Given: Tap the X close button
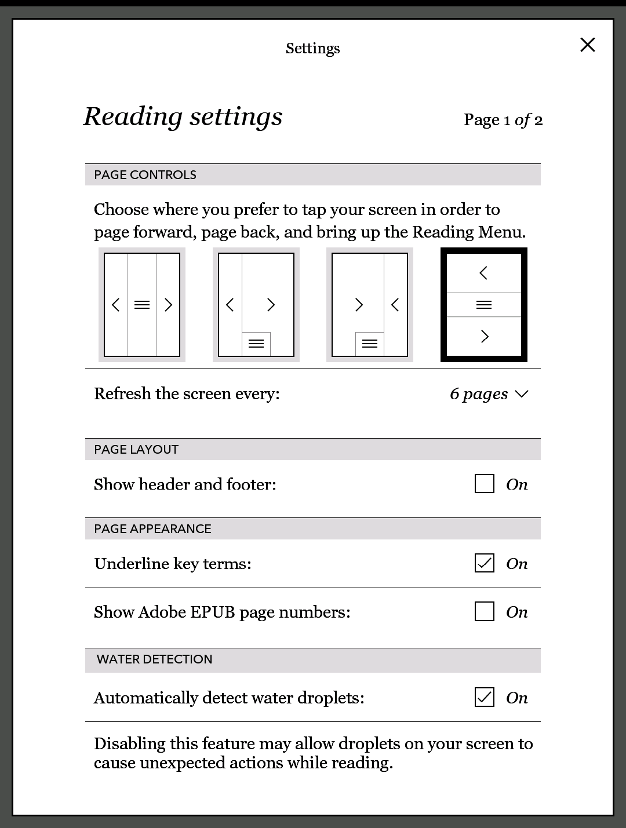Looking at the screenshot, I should tap(587, 45).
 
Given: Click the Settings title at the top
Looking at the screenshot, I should tap(312, 48).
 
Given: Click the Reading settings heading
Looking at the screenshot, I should tap(183, 116).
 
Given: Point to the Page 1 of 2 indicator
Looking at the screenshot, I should tap(503, 120).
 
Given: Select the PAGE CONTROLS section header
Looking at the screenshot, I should tap(145, 175).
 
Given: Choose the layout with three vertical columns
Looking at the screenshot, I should tap(142, 305).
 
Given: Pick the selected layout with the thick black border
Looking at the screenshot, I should tap(484, 305).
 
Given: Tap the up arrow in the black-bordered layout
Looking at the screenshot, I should tap(484, 273).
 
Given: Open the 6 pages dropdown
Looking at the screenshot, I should tap(489, 394).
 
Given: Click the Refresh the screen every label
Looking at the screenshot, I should tap(187, 394).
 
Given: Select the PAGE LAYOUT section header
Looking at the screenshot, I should tap(136, 450).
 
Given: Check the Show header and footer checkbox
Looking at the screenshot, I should tap(484, 484).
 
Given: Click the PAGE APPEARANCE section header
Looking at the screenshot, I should tap(152, 529).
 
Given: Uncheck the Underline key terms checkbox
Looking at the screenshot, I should tap(484, 563).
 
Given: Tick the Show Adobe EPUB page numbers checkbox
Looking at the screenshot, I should tap(484, 611).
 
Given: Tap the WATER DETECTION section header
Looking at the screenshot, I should tap(154, 659).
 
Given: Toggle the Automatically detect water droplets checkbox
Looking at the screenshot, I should tap(484, 697).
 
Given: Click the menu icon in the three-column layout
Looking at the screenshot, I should tap(142, 305).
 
